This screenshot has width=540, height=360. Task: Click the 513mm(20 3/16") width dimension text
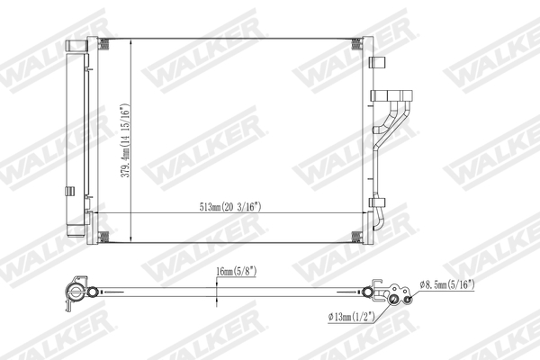(235, 205)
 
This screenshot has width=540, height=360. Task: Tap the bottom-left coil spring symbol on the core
(103, 237)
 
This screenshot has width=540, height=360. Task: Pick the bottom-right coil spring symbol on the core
(357, 237)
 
